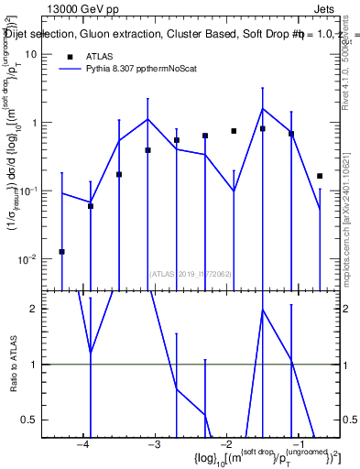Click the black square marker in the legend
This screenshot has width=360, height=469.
71,56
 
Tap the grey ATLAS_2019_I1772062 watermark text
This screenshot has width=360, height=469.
191,273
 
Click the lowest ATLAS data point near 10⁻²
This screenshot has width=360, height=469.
61,251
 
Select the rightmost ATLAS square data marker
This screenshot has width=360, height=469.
320,176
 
